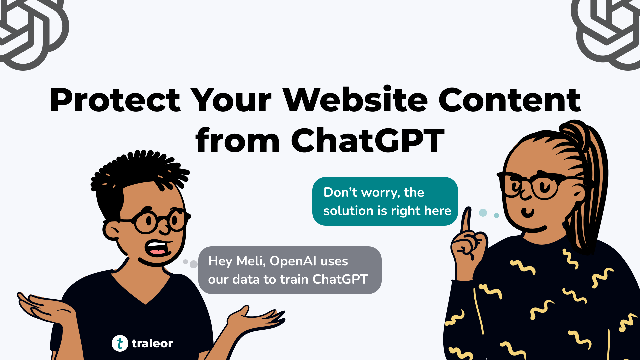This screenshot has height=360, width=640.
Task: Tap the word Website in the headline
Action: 355,100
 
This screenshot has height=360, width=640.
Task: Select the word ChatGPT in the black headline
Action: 368,141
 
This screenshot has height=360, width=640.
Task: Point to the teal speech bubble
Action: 385,201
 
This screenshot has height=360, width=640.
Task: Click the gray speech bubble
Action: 290,270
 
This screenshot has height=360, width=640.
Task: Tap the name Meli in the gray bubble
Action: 251,261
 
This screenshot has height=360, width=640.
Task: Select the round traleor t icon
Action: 120,343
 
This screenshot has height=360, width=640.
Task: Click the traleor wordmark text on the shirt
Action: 152,343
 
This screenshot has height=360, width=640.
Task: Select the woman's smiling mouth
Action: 528,212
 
